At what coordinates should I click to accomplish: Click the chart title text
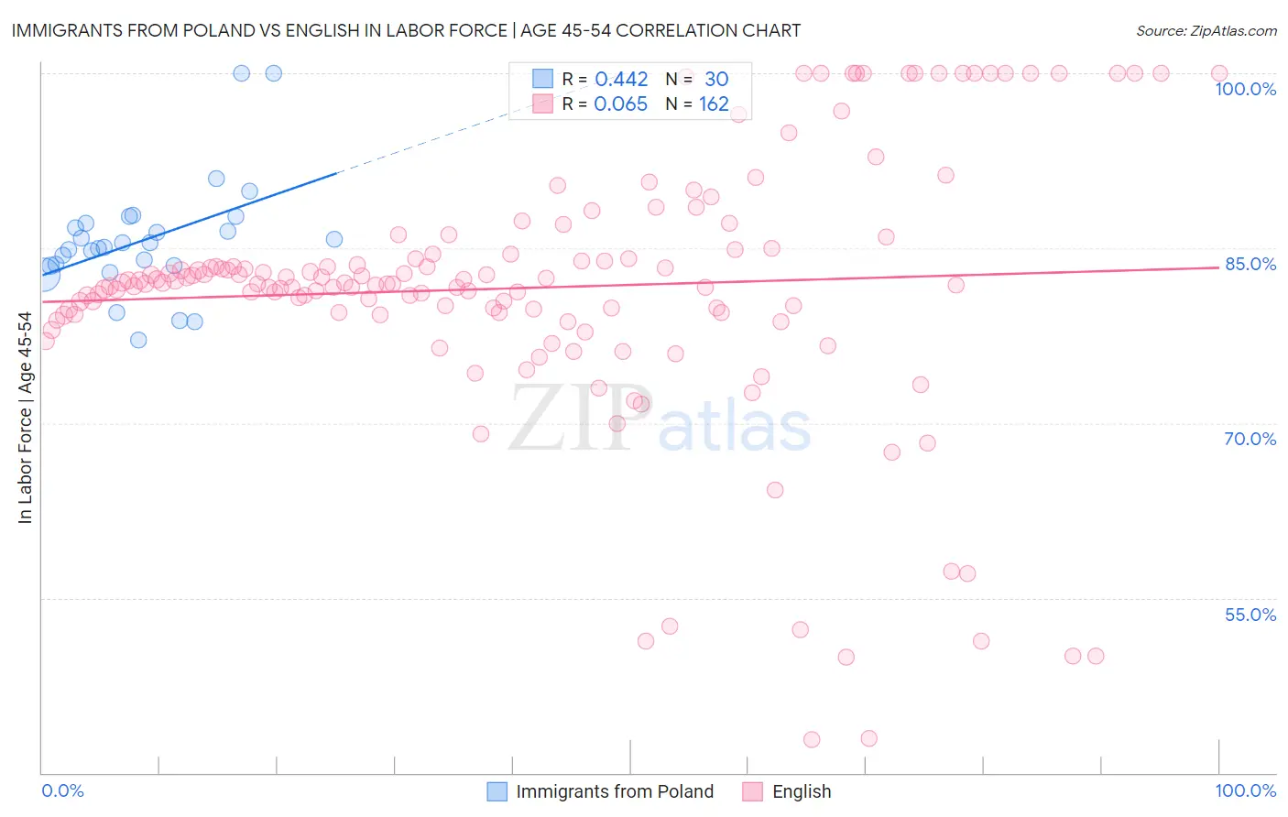[x=406, y=30]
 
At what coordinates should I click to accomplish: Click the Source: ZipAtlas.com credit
[x=1206, y=30]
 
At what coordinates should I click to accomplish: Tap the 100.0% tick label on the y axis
[x=1245, y=89]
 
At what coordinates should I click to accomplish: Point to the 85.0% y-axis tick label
[x=1250, y=264]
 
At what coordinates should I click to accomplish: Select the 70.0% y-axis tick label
[x=1250, y=439]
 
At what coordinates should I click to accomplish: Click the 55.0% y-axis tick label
[x=1250, y=615]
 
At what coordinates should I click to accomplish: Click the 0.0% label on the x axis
[x=62, y=790]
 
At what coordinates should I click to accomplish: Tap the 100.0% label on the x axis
[x=1245, y=790]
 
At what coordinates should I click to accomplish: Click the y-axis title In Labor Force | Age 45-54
[x=25, y=418]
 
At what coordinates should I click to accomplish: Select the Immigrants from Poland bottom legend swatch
[x=497, y=791]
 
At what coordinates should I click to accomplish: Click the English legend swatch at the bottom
[x=752, y=791]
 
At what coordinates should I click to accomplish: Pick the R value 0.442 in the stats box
[x=621, y=80]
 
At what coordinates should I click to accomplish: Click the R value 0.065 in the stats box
[x=620, y=104]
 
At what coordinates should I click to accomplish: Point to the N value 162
[x=714, y=104]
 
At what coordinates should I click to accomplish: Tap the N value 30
[x=716, y=80]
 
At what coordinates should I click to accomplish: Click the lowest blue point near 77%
[x=138, y=340]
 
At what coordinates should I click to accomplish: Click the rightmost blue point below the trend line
[x=334, y=239]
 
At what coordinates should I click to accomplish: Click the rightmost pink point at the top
[x=1219, y=73]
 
